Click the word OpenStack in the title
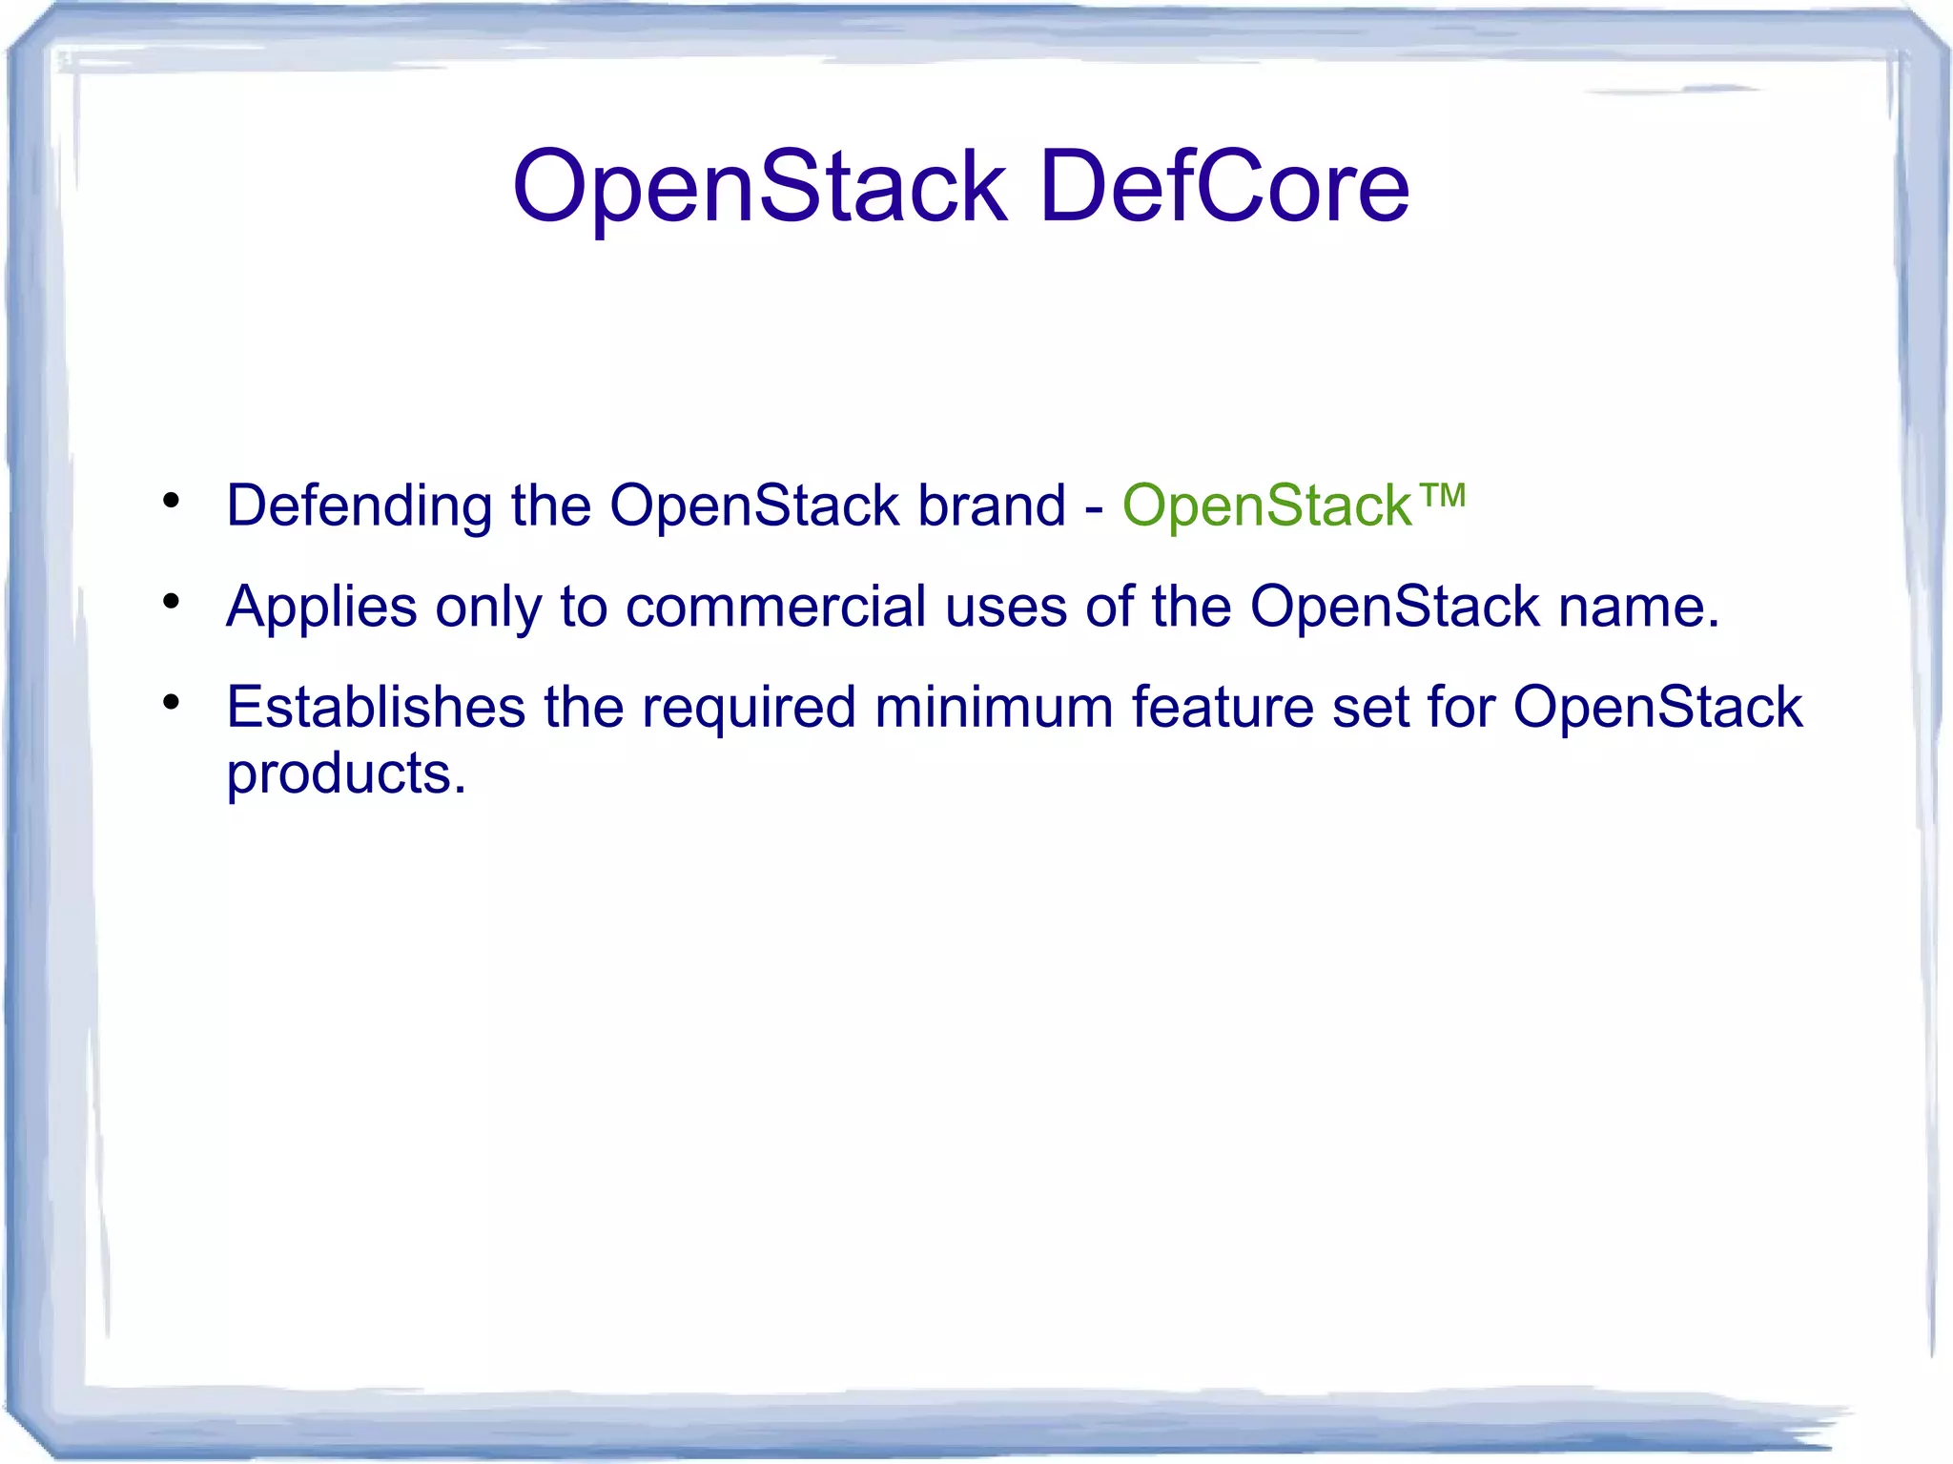(x=759, y=188)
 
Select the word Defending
(x=359, y=506)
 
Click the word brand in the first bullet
(x=991, y=505)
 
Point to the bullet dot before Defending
(x=172, y=501)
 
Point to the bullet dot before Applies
(x=172, y=602)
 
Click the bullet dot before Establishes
(x=172, y=703)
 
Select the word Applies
(x=321, y=608)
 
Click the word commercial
(x=775, y=607)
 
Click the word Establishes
(x=376, y=708)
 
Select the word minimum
(x=993, y=708)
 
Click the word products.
(x=345, y=773)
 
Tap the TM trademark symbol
(x=1442, y=495)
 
